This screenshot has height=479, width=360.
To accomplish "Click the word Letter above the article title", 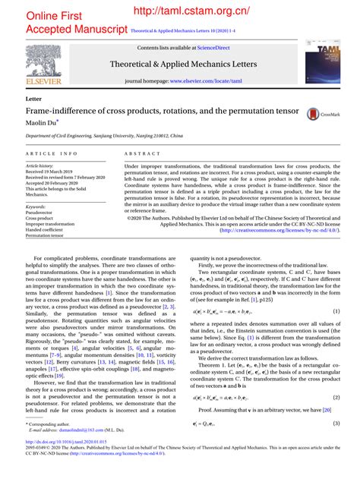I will point(33,99).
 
